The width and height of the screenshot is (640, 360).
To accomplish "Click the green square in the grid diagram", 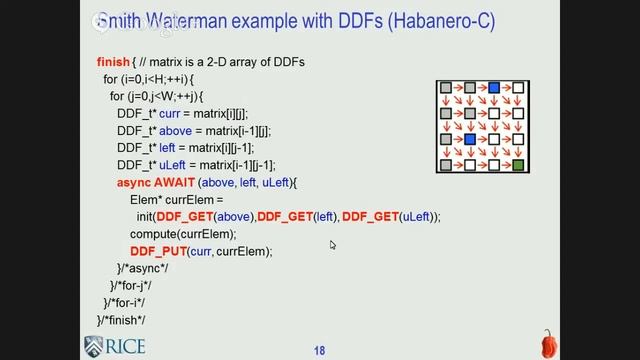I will (518, 164).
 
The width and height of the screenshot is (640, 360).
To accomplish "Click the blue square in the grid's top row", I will (494, 90).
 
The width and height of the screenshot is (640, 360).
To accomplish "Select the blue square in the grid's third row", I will (470, 139).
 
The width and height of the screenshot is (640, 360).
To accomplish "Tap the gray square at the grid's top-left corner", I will (445, 90).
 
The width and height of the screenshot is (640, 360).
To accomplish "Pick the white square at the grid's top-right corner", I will (518, 90).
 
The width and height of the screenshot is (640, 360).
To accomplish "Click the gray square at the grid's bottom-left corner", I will (445, 164).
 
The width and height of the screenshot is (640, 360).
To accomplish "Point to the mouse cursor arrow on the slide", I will (333, 244).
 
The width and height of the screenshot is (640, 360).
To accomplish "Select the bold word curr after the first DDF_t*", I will (172, 113).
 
